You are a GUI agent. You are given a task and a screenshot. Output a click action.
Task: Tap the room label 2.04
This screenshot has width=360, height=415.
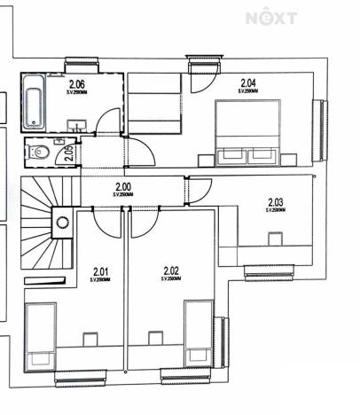[x=247, y=83]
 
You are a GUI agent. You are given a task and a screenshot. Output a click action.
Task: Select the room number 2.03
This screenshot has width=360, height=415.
[x=276, y=202]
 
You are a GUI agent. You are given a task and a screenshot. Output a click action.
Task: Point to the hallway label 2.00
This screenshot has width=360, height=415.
[x=122, y=186]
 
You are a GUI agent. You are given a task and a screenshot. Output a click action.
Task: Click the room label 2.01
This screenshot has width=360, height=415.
[x=101, y=271]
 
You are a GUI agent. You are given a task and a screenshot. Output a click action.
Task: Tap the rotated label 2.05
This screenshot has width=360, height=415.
[x=70, y=153]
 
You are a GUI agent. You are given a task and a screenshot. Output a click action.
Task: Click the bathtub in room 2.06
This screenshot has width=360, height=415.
[x=34, y=103]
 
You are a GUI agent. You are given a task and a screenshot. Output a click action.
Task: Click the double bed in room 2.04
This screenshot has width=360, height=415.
[x=248, y=132]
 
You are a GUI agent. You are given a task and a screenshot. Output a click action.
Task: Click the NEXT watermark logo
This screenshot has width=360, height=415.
[x=270, y=18]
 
